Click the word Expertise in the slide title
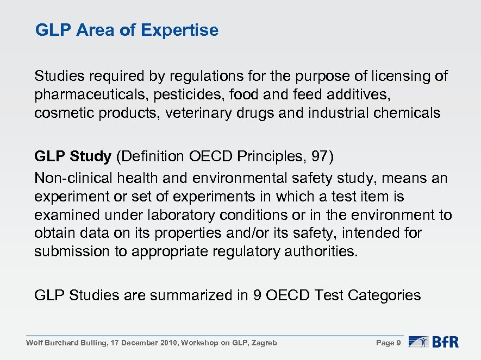(x=179, y=30)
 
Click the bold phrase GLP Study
(x=72, y=157)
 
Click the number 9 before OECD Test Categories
(x=257, y=295)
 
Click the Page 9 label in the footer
(x=388, y=343)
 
